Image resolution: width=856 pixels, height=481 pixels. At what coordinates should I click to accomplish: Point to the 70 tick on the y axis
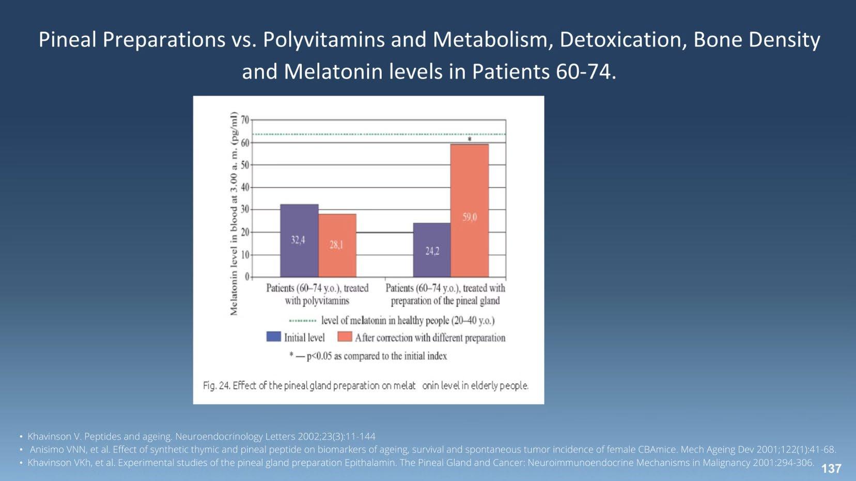[x=245, y=120]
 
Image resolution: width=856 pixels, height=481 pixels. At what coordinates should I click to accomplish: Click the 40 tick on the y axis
[x=245, y=187]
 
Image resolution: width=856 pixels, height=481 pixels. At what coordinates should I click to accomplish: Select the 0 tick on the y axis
[x=247, y=277]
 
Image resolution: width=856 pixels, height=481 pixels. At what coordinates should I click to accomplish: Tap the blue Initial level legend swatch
[x=273, y=337]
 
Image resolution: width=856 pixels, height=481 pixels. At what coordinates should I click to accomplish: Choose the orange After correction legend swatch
[x=345, y=337]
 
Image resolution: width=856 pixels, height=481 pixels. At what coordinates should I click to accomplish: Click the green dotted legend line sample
[x=302, y=320]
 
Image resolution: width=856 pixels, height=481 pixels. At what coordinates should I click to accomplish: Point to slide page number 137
[x=831, y=469]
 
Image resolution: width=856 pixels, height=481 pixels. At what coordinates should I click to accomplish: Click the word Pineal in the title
[x=68, y=40]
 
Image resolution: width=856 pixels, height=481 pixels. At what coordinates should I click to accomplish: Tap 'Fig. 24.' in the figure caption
[x=216, y=386]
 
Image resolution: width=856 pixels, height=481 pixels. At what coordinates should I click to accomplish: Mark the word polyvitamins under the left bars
[x=325, y=301]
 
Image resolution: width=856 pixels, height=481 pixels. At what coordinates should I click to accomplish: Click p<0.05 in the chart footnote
[x=319, y=356]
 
